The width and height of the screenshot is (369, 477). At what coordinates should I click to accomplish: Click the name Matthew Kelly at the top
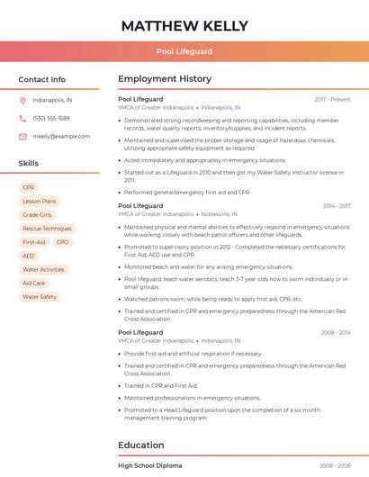point(184,25)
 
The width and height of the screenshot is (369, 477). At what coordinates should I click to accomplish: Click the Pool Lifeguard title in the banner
point(184,51)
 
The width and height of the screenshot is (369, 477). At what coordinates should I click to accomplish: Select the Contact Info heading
point(41,79)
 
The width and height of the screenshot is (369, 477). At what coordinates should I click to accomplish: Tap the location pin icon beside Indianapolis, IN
point(22,100)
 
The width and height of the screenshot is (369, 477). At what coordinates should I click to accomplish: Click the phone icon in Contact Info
point(22,118)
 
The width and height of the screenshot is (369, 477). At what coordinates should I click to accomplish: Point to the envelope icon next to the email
point(22,136)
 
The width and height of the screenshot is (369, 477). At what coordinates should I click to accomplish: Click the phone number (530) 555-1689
point(50,118)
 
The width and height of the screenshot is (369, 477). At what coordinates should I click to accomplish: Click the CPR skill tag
point(28,188)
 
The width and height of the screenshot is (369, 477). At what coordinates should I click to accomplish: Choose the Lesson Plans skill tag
point(39,202)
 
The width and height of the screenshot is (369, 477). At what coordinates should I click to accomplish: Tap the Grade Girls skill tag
point(37,215)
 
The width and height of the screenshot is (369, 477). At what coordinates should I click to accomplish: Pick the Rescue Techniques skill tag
point(47,229)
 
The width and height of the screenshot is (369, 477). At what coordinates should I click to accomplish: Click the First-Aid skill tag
point(33,242)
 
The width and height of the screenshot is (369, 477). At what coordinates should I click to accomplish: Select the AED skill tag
point(29,256)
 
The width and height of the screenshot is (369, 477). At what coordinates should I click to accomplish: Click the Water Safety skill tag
point(40,296)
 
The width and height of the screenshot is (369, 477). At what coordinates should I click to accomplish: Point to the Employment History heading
point(165,79)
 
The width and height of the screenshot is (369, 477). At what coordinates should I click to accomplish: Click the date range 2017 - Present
point(332,99)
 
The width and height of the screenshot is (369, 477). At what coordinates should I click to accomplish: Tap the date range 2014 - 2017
point(337,206)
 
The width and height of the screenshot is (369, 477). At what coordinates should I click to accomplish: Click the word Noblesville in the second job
point(216,214)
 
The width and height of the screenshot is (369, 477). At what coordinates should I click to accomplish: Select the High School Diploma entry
point(150,465)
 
